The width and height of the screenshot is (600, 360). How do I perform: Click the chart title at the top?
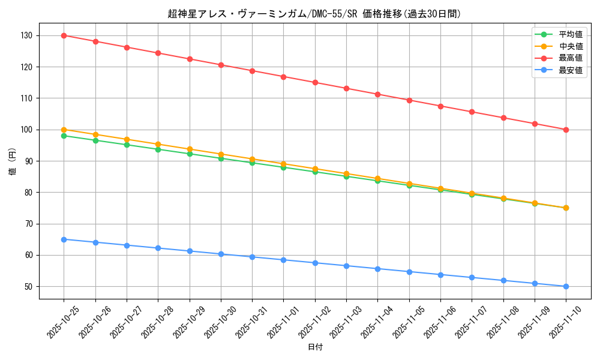(314, 14)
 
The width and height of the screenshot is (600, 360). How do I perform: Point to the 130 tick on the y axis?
(28, 35)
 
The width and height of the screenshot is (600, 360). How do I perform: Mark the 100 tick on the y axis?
(28, 130)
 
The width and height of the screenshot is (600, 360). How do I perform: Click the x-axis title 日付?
(315, 347)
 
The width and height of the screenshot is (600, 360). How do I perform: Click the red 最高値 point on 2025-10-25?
(64, 35)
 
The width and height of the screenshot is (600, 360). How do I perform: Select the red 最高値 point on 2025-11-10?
(566, 130)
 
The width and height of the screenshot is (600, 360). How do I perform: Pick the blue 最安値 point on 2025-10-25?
(64, 239)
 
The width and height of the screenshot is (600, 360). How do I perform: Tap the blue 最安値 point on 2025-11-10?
(566, 286)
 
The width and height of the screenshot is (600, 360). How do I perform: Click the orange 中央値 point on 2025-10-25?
(64, 130)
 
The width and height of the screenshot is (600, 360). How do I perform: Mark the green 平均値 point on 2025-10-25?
(64, 136)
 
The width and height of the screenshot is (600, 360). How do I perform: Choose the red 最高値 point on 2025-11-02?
(315, 82)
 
